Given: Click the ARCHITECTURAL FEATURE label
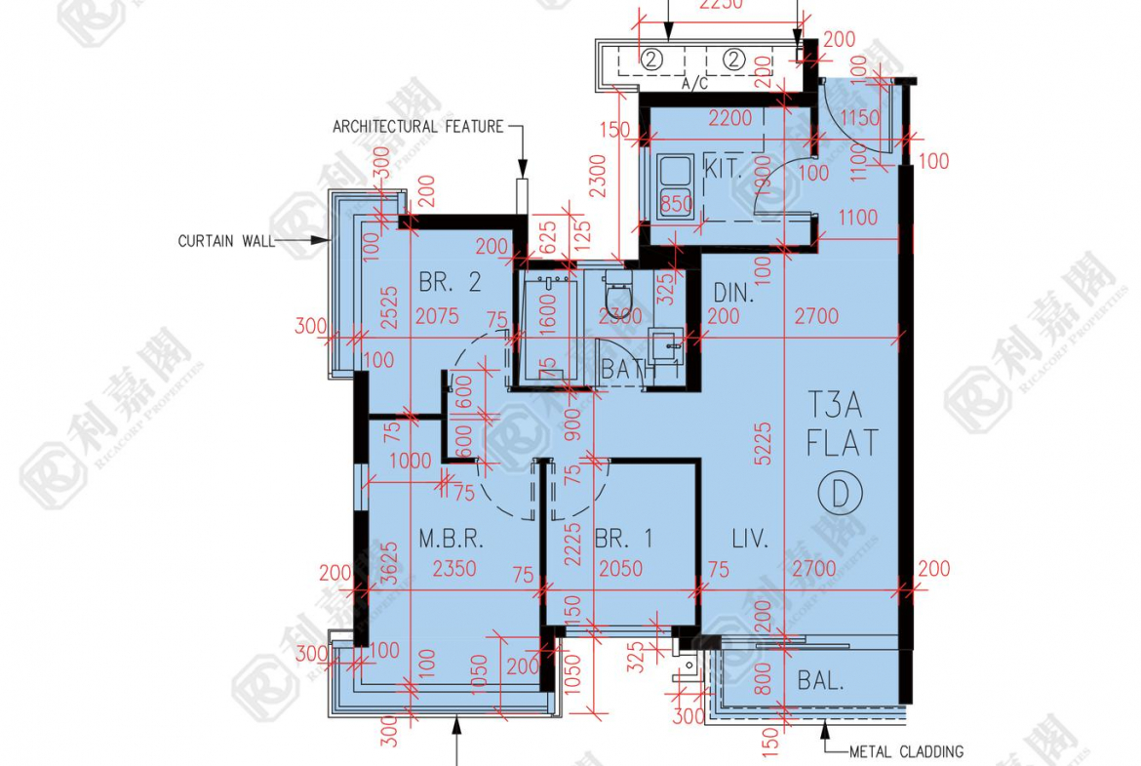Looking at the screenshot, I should pos(418,127).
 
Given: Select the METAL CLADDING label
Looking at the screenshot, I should pos(906,751).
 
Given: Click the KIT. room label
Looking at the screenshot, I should pos(723,169).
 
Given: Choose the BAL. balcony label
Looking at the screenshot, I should pos(820,681).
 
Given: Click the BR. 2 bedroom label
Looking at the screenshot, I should pos(450,283).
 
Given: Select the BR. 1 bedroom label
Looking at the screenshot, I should pos(622,539).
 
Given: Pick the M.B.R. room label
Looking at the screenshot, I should pos(452,539).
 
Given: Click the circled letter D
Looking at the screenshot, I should pos(840,493).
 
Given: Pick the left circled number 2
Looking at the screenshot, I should pos(652,59).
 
